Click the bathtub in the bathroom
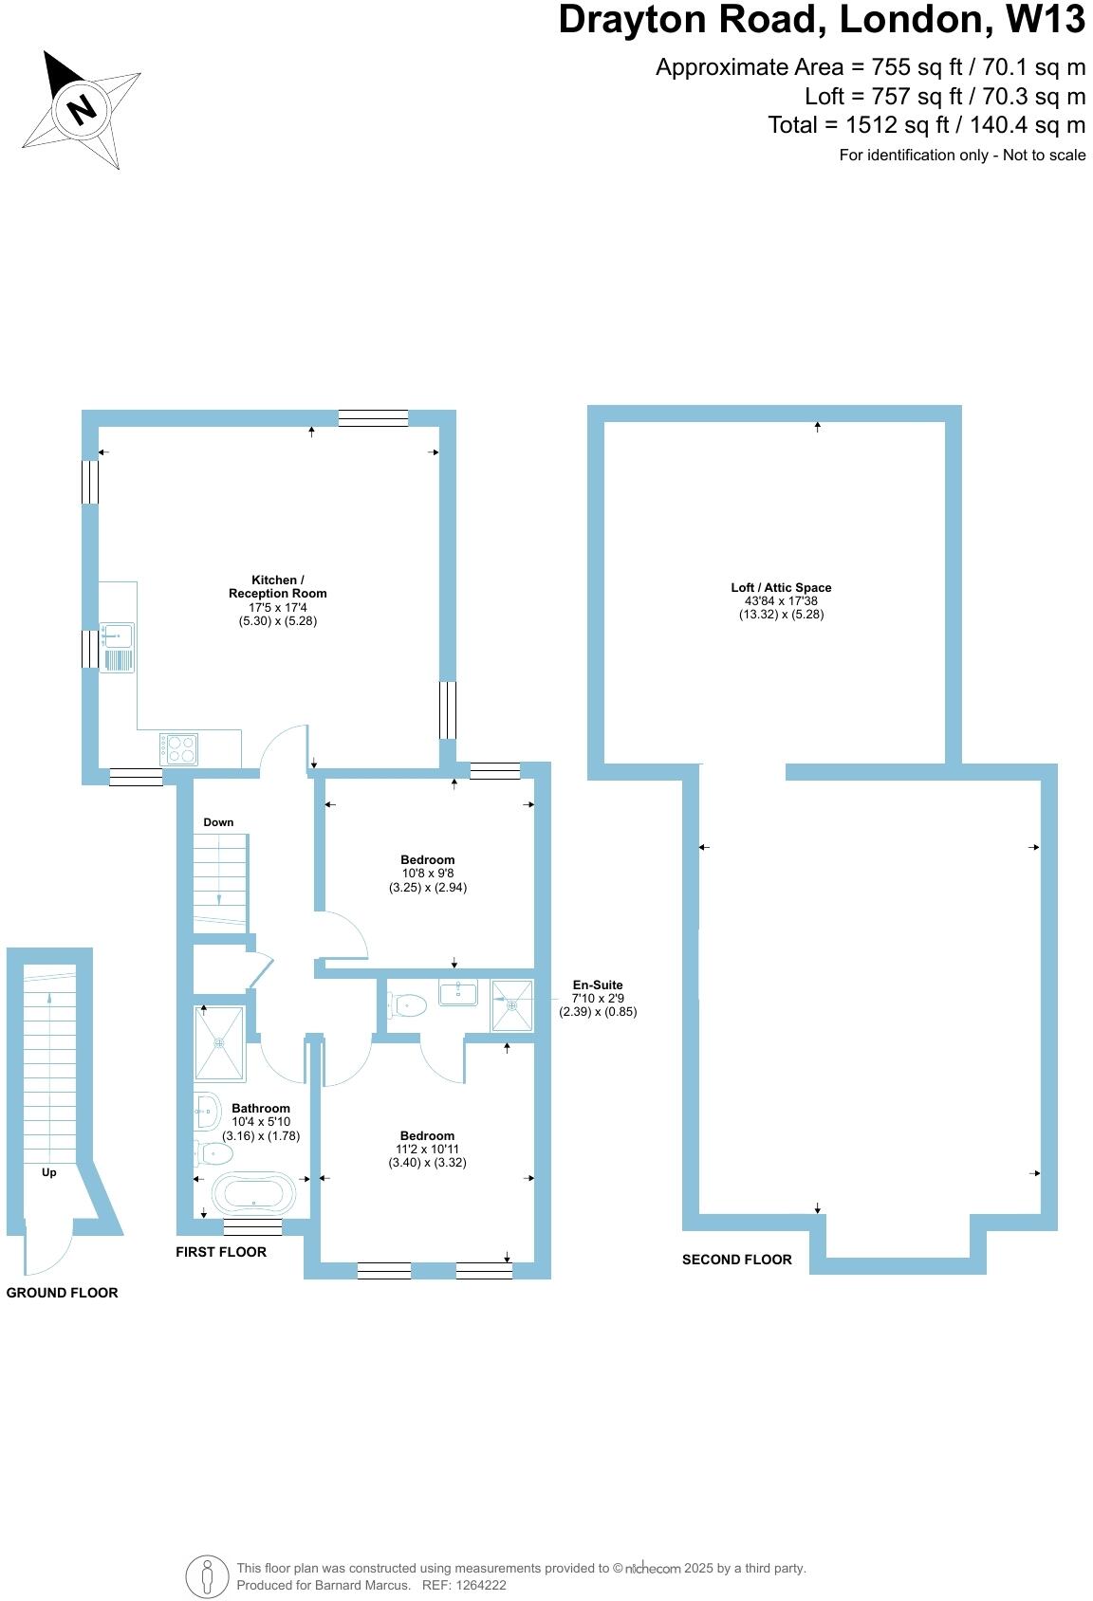click(x=253, y=1193)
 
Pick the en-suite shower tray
click(x=511, y=1005)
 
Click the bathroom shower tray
click(x=219, y=1043)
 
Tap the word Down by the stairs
click(x=218, y=822)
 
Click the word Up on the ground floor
click(x=49, y=1172)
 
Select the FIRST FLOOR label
click(x=221, y=1252)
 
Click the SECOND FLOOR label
click(x=736, y=1260)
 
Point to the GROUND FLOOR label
click(x=63, y=1293)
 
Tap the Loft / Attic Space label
click(x=781, y=587)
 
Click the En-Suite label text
click(x=598, y=985)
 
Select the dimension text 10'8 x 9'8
click(x=428, y=874)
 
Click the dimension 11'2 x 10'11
click(x=427, y=1149)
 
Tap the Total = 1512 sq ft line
click(x=926, y=124)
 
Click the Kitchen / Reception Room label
click(x=277, y=586)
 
